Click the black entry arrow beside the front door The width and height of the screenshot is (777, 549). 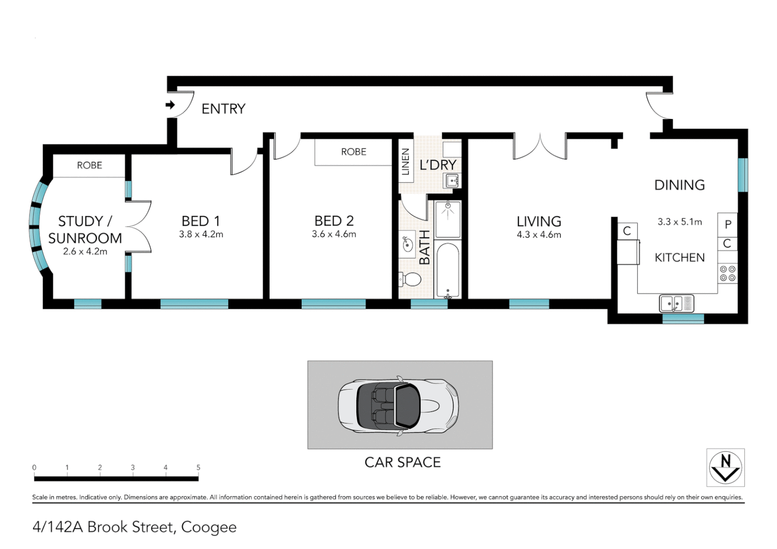pyautogui.click(x=170, y=105)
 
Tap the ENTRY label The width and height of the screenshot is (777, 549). pyautogui.click(x=223, y=109)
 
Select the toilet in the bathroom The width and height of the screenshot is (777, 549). pyautogui.click(x=410, y=279)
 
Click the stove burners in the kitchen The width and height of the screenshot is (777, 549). pyautogui.click(x=728, y=273)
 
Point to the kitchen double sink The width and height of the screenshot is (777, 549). pyautogui.click(x=676, y=303)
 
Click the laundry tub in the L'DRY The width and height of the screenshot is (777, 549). pyautogui.click(x=452, y=180)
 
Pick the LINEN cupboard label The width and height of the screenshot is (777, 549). pyautogui.click(x=405, y=162)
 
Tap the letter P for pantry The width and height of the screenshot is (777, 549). pyautogui.click(x=728, y=224)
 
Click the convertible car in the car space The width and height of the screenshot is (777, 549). pyautogui.click(x=399, y=406)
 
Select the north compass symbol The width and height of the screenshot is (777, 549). pyautogui.click(x=725, y=467)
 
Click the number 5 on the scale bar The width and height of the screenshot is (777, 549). pyautogui.click(x=198, y=467)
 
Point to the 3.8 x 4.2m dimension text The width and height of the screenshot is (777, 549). pyautogui.click(x=201, y=234)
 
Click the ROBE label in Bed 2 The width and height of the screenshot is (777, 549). pyautogui.click(x=353, y=151)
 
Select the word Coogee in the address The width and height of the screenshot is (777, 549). pyautogui.click(x=208, y=527)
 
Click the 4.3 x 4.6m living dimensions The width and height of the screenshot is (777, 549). pyautogui.click(x=539, y=234)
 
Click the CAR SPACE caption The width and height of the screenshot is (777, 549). pyautogui.click(x=402, y=462)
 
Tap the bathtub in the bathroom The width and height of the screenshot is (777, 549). pyautogui.click(x=447, y=269)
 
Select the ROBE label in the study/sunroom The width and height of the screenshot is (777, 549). pyautogui.click(x=89, y=165)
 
